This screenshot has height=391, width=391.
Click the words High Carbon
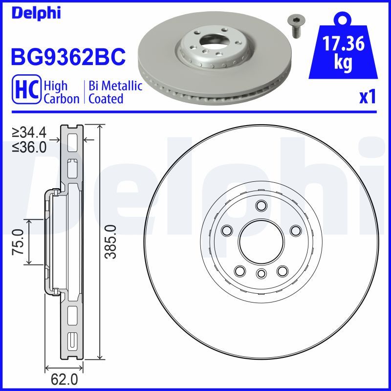click(x=61, y=92)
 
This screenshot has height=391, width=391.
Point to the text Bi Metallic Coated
click(x=115, y=92)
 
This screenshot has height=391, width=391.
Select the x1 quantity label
click(x=368, y=97)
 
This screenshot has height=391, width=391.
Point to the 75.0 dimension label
click(x=18, y=242)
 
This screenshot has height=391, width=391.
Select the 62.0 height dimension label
click(x=65, y=379)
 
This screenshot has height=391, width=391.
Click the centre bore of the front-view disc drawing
click(x=261, y=239)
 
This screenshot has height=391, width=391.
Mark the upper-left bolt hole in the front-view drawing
click(x=226, y=230)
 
